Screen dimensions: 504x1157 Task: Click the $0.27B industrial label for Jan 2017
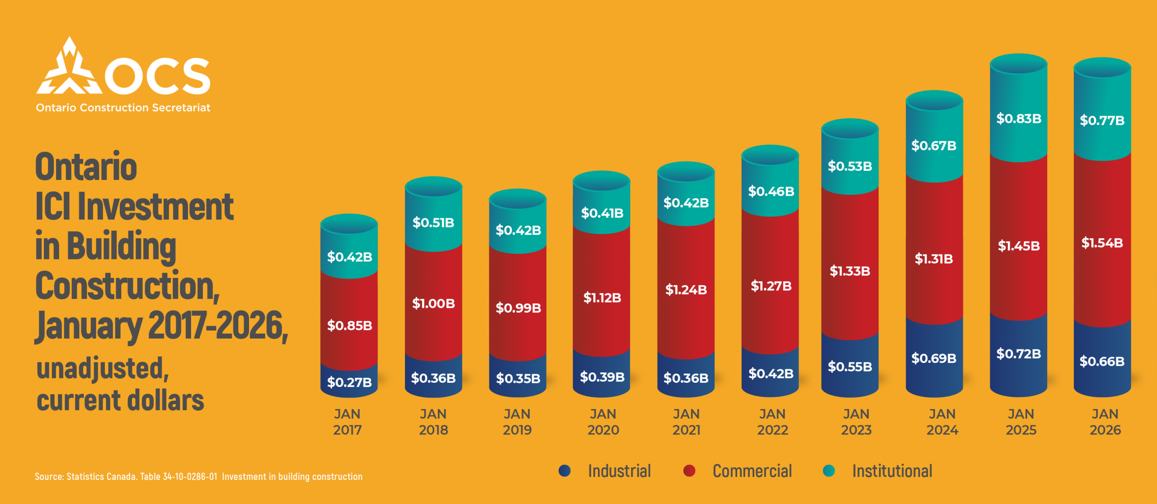[349, 382]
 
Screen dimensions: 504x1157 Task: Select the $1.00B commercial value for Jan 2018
[433, 303]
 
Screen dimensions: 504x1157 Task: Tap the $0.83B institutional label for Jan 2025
[1019, 118]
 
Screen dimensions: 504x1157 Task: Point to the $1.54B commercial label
[1102, 243]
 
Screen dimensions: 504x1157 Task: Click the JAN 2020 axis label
[603, 422]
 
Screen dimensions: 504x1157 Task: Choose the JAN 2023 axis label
[856, 422]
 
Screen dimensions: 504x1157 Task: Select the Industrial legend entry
[619, 471]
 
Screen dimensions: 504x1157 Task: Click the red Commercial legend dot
[689, 471]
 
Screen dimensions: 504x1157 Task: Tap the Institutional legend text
[892, 471]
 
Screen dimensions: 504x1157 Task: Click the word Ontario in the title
[86, 167]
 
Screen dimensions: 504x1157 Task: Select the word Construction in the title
[127, 286]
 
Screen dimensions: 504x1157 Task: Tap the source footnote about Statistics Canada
[198, 476]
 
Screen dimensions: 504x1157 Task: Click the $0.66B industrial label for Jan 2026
[1102, 361]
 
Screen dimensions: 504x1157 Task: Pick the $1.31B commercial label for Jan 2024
[934, 259]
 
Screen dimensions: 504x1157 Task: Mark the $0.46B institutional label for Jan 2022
[771, 191]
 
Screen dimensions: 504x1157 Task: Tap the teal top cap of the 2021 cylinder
[686, 171]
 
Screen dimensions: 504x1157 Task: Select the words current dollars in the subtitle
[120, 400]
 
